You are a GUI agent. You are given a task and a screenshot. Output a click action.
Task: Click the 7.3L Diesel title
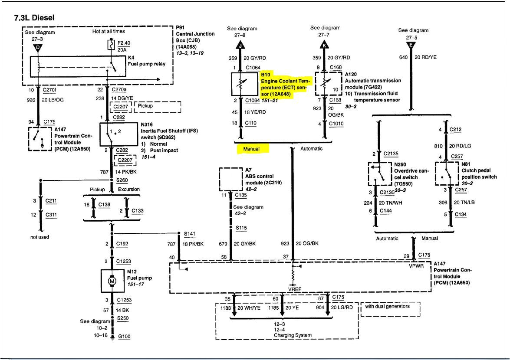[x=34, y=18]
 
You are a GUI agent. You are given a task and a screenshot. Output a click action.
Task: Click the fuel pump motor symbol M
[x=112, y=281]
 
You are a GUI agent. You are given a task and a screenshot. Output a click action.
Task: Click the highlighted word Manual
[x=251, y=149]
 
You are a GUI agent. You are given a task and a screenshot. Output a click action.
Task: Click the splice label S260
[x=123, y=180]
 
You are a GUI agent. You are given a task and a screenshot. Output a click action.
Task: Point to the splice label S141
[x=190, y=234]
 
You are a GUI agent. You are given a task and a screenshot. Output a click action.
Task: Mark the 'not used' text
[x=40, y=237]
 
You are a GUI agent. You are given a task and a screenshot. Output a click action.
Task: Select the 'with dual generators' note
[x=386, y=307]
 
